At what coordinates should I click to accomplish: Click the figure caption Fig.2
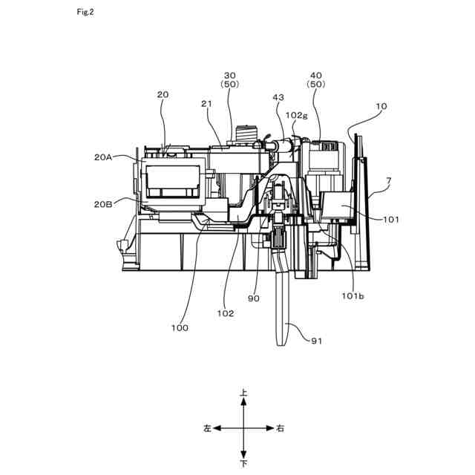[x=85, y=12]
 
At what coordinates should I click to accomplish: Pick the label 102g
[x=296, y=115]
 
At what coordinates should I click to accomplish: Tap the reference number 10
[x=381, y=106]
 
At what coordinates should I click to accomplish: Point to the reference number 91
[x=316, y=341]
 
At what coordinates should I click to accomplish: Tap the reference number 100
[x=180, y=327]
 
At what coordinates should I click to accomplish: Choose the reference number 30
[x=229, y=76]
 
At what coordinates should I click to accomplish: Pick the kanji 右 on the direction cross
[x=279, y=428]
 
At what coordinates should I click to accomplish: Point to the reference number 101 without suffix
[x=391, y=220]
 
